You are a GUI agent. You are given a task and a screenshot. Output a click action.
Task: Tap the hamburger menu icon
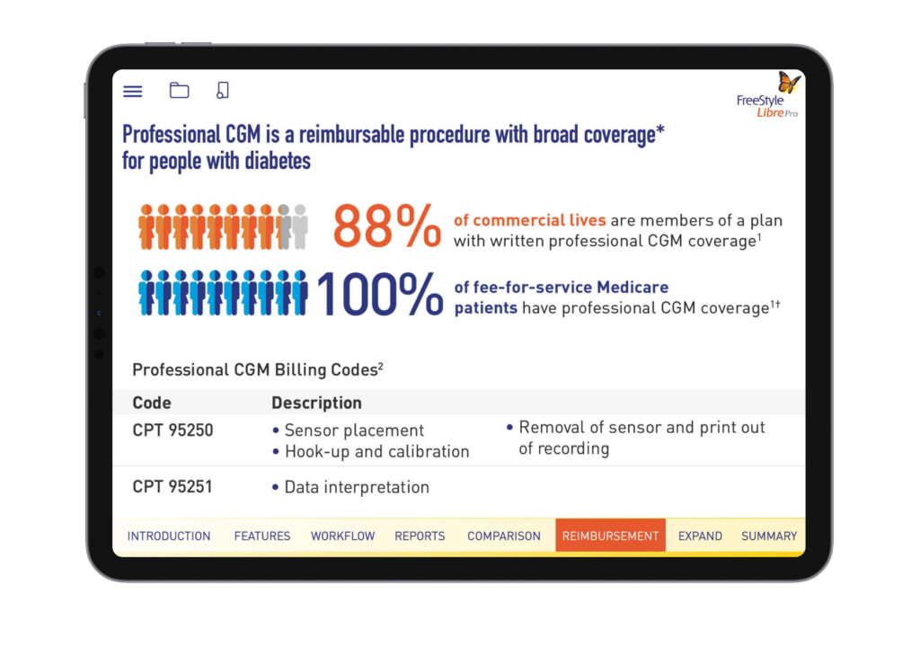point(133,91)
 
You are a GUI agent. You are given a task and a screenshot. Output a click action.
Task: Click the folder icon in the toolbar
point(179,90)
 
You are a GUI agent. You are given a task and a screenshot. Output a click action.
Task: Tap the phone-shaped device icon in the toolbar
point(223,90)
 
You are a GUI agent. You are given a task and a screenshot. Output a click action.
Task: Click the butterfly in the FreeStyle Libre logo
point(789,82)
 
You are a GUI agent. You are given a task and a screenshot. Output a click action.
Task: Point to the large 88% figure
point(386,226)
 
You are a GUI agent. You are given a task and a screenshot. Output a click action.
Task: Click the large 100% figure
point(380,294)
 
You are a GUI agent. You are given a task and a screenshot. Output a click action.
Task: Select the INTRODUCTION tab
point(169,536)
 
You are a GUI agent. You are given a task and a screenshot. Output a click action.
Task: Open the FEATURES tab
point(262,536)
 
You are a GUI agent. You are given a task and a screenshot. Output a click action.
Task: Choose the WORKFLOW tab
point(342,536)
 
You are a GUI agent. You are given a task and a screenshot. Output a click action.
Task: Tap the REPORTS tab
point(420,536)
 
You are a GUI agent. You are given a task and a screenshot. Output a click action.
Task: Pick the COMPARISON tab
point(504,536)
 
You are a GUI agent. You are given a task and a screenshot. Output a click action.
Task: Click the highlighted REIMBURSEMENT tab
point(610,536)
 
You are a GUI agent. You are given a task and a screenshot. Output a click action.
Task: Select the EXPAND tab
point(700,536)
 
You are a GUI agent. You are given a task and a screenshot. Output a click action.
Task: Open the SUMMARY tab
point(769,536)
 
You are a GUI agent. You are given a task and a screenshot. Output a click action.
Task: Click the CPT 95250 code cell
point(172,430)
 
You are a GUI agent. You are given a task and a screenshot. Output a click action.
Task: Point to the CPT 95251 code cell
point(172,487)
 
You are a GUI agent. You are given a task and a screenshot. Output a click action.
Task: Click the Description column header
point(316,403)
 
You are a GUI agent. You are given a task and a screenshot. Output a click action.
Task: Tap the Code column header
point(151,403)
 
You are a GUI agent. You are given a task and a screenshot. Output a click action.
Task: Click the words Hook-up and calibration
point(376,451)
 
